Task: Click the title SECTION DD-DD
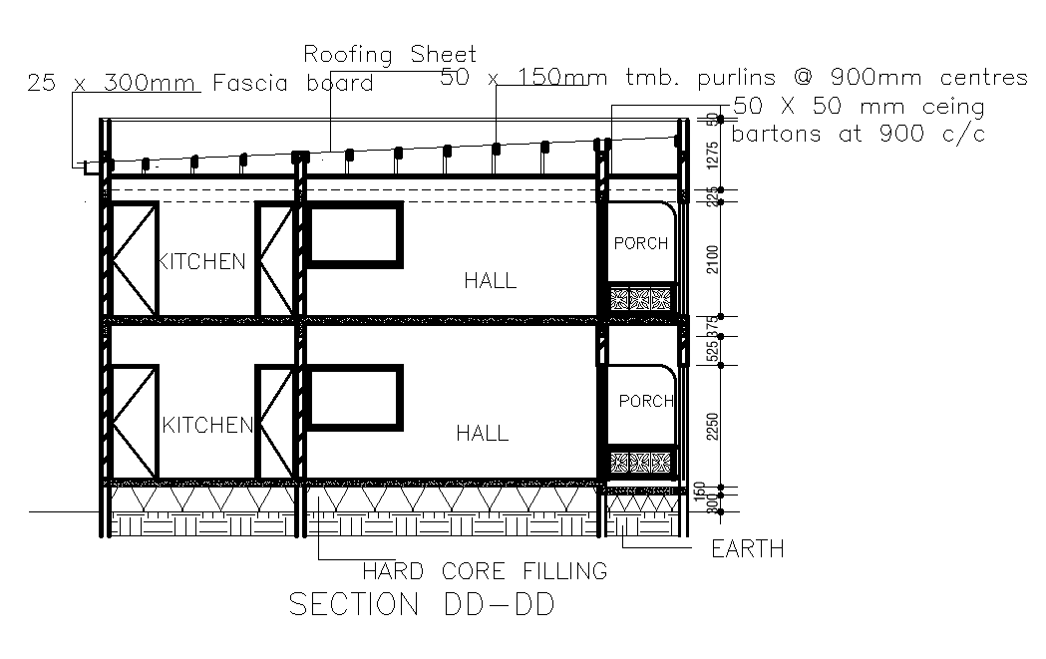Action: pos(420,605)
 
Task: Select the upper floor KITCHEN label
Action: pos(202,262)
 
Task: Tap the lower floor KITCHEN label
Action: pos(207,426)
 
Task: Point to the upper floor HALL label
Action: pos(490,281)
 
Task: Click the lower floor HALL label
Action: pos(483,434)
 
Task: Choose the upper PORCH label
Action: pos(640,243)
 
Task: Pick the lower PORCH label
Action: pos(646,401)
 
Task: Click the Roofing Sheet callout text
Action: pos(390,54)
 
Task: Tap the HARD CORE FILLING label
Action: pos(485,571)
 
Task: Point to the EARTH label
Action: pos(747,549)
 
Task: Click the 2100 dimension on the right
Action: pos(711,259)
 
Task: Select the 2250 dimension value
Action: pos(711,426)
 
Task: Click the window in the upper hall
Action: pos(355,235)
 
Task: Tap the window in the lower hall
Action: pos(355,397)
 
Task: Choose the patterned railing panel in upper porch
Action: pos(642,299)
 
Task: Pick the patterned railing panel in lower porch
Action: pos(642,462)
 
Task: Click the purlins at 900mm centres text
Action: pos(733,78)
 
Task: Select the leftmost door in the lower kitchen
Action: pos(133,423)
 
